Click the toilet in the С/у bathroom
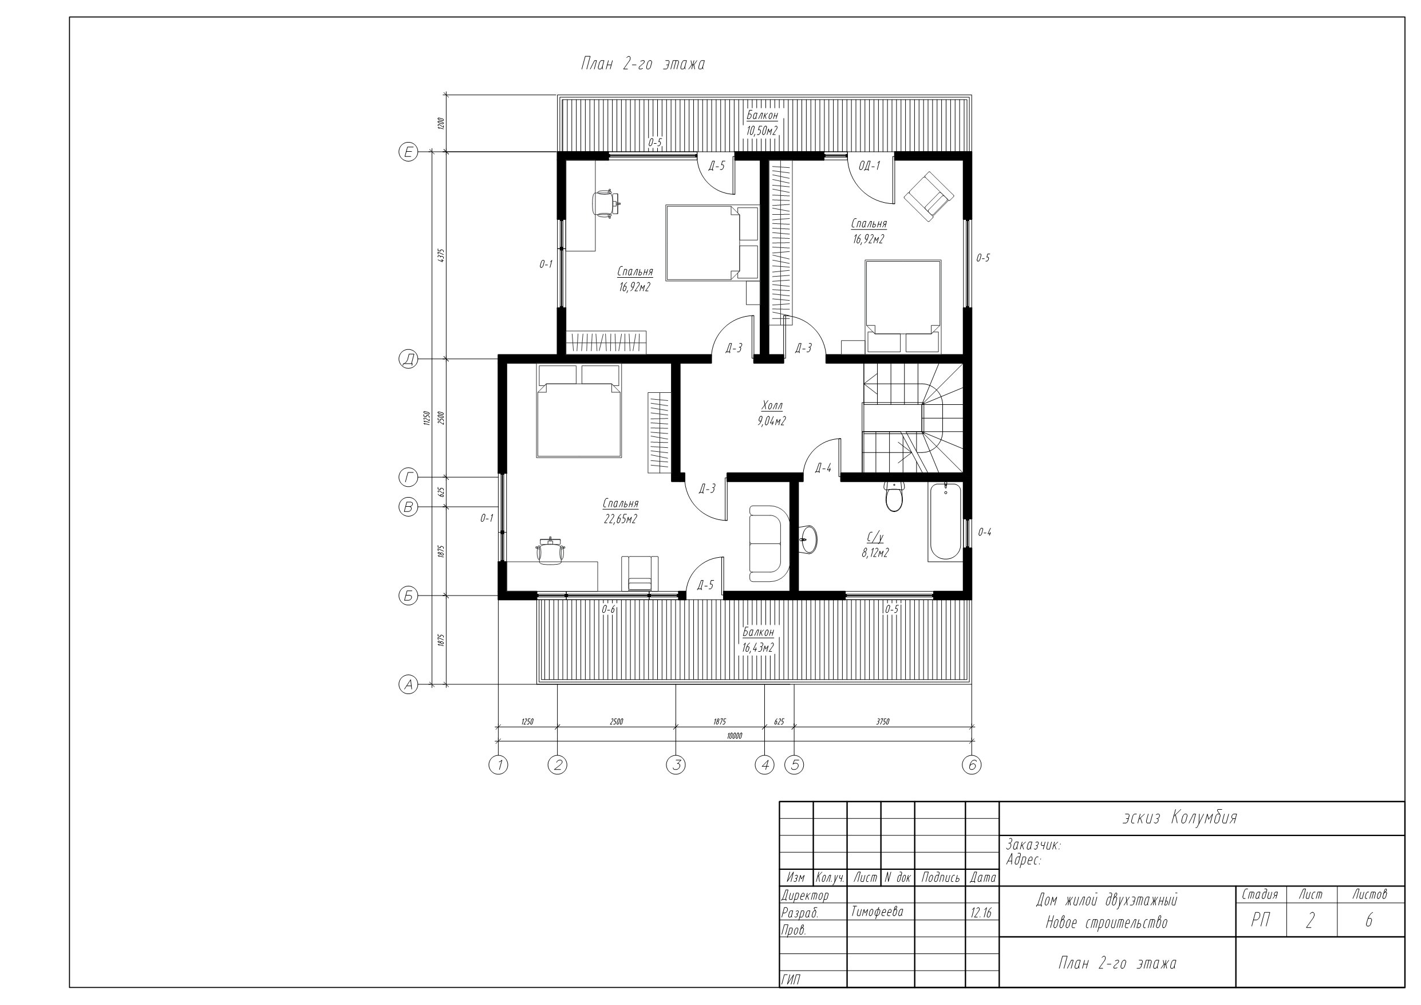pos(894,496)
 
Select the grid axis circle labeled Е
pos(408,152)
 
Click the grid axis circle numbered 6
pos(972,766)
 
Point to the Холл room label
pos(772,406)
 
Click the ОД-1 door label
pos(869,166)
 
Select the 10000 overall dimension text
pos(734,736)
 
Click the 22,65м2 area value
pos(621,519)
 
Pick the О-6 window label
pos(609,610)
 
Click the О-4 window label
pos(985,532)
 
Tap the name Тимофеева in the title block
pos(877,912)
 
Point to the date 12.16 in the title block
pos(981,913)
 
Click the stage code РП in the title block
pos(1261,921)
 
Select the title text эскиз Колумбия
pos(1179,818)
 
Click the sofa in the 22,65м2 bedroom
pos(769,543)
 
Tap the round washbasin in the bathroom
pos(808,539)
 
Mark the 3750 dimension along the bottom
pos(883,722)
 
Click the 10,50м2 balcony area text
pos(762,131)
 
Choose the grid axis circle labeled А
pos(408,685)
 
